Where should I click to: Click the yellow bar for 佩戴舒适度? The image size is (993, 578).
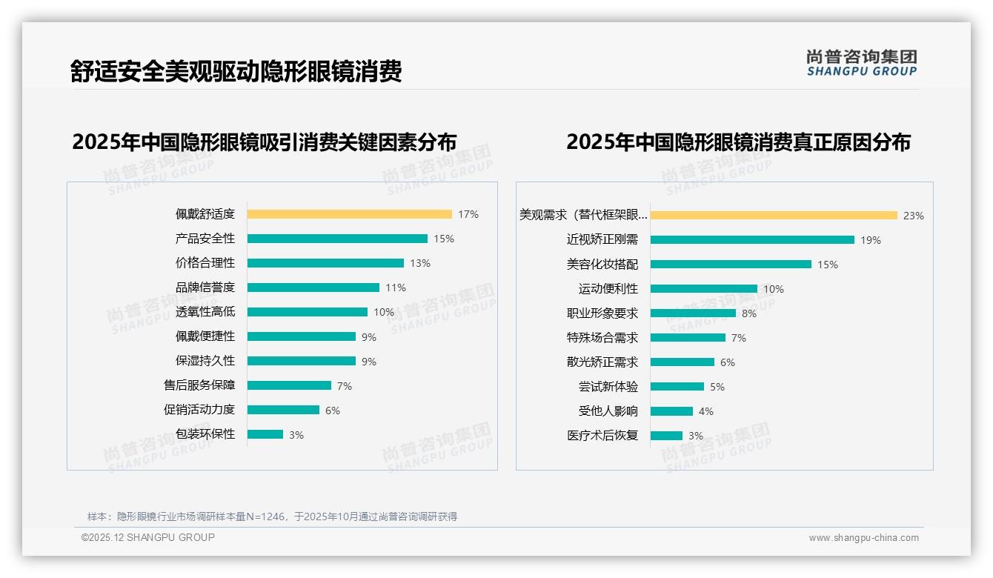pos(349,214)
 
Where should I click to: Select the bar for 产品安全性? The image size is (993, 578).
pos(337,239)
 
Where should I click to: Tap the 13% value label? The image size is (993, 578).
pos(420,263)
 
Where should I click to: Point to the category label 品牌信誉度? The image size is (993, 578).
pos(205,288)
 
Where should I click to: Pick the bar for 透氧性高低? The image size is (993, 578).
pos(307,312)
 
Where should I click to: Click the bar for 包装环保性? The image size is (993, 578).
pos(265,434)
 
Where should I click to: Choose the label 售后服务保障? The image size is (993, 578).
pos(199,385)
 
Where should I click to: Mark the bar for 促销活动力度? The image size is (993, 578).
pos(283,410)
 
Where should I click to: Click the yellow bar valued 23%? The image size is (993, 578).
pos(774,216)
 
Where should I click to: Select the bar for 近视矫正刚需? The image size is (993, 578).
pos(752,240)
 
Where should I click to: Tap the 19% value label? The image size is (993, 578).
pos(871,240)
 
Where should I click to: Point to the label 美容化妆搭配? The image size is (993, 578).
pos(602,265)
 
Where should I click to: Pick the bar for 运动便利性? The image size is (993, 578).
pos(704,289)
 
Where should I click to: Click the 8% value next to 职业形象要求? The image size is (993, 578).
pos(749,313)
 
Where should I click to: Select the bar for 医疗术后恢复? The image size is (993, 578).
pos(666,436)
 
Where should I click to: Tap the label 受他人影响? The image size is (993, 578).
pos(608,411)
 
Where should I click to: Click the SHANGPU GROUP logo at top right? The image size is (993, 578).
pos(862,63)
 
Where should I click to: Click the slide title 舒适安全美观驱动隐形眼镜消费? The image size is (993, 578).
pos(236,71)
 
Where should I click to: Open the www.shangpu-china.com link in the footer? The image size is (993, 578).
pos(863,538)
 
